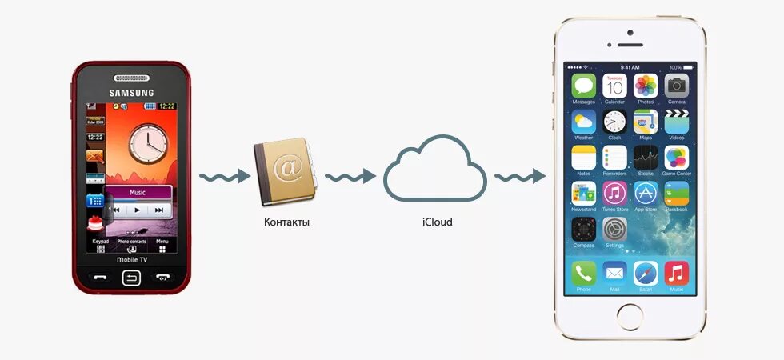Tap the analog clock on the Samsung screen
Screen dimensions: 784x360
pyautogui.click(x=146, y=142)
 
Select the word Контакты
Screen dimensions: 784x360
pyautogui.click(x=286, y=222)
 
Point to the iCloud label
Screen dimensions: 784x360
pyautogui.click(x=437, y=222)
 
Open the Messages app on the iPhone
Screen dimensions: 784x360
pyautogui.click(x=583, y=86)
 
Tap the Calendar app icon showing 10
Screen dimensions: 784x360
pyautogui.click(x=614, y=86)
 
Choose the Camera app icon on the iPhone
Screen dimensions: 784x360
pyautogui.click(x=677, y=86)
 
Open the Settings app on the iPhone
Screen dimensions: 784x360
pyautogui.click(x=614, y=229)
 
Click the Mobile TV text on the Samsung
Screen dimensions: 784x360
pyautogui.click(x=131, y=260)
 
